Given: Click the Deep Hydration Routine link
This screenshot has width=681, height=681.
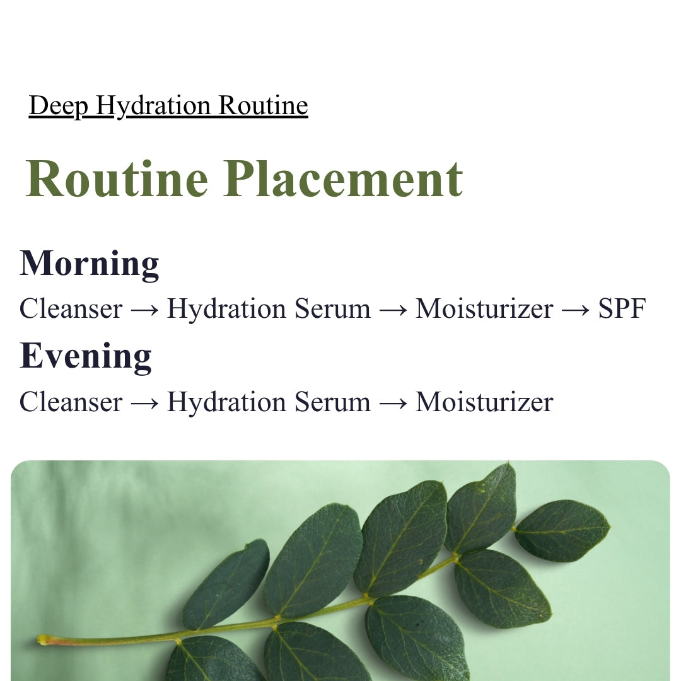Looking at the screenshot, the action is point(168,105).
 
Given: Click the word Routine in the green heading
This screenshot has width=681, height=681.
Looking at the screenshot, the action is point(117,178).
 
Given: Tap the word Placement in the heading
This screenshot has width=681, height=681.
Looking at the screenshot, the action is point(343,178).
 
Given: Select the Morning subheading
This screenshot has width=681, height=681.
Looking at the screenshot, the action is point(90,263).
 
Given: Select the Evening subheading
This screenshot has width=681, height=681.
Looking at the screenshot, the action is point(86,356).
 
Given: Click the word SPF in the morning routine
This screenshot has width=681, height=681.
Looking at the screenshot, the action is point(622,309).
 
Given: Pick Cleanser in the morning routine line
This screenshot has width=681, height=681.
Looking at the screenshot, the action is point(71,309).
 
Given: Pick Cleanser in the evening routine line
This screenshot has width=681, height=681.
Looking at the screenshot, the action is point(71,402).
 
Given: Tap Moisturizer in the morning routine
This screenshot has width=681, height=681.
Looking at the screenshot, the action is point(484,309).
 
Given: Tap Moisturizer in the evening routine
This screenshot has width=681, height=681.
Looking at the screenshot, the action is point(484,402).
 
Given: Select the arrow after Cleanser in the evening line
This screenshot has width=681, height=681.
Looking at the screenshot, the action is point(144,403).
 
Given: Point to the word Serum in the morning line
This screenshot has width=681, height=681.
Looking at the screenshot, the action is point(333,309).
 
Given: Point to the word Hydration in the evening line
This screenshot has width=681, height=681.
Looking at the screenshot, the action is point(226,402).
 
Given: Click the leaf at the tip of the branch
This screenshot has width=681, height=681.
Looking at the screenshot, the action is point(562,530).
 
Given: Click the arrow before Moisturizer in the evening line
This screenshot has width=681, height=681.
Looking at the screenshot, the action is point(393,403).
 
